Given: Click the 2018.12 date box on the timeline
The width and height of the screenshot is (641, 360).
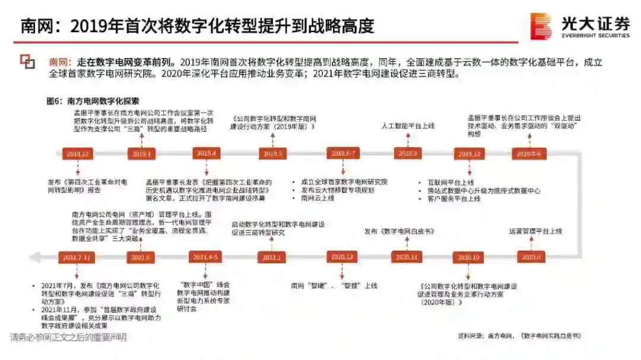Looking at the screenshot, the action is [77, 154].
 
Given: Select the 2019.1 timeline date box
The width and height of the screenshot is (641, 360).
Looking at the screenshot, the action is [141, 154].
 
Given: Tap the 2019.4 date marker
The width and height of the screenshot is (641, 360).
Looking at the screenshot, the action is [207, 154].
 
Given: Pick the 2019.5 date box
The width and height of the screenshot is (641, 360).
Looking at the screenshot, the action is [272, 154].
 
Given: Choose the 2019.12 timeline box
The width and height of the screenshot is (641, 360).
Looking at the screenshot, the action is [469, 154].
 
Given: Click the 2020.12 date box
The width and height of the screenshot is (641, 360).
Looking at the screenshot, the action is [341, 257].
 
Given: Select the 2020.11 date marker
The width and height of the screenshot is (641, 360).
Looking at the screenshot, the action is [407, 257].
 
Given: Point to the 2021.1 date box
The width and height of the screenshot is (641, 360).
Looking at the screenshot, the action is [272, 257].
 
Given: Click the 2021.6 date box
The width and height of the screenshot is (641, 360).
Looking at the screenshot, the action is [141, 257].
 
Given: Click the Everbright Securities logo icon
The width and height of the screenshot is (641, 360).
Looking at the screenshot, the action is [541, 26].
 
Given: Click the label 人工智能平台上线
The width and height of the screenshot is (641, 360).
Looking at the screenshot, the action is [408, 126].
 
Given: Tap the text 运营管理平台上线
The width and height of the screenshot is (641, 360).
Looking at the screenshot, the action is [535, 231].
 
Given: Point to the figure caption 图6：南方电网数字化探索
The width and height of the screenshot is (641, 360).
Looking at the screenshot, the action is [93, 101].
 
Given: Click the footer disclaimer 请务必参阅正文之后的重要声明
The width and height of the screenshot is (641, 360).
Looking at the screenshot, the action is [68, 338].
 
